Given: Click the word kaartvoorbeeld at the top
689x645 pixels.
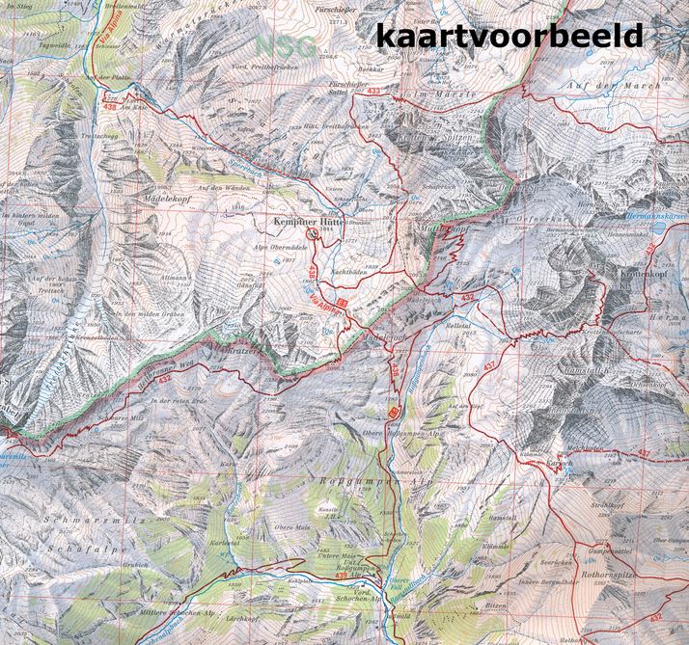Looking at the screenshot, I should (509, 35).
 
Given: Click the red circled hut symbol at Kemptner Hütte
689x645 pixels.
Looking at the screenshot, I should (312, 232).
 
